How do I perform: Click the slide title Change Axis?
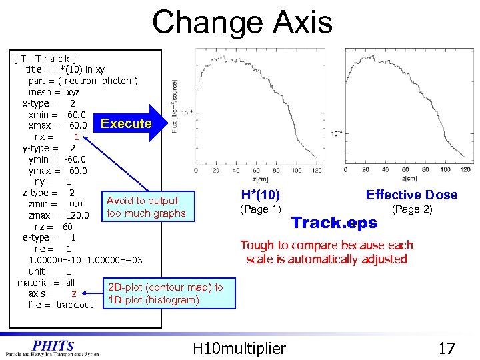click(242, 22)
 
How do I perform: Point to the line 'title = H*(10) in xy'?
click(65, 69)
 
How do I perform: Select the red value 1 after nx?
click(77, 137)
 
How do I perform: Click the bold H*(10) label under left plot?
click(260, 195)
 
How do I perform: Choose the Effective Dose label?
click(411, 195)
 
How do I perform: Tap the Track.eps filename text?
click(334, 222)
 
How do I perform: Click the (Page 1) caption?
click(259, 209)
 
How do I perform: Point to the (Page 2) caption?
click(411, 209)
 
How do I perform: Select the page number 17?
click(446, 348)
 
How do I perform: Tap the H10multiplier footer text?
click(239, 348)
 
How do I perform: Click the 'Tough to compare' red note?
click(326, 252)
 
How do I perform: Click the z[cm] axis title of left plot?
click(261, 179)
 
